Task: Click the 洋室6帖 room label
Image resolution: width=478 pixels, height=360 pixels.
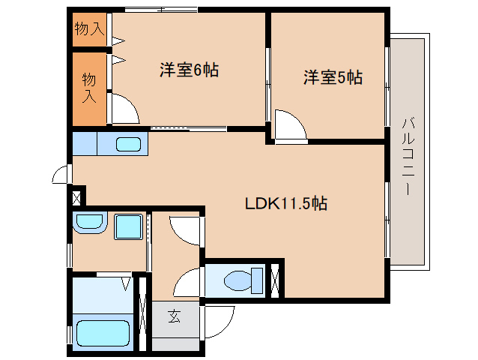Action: (x=189, y=70)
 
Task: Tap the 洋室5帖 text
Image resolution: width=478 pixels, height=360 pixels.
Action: (x=333, y=77)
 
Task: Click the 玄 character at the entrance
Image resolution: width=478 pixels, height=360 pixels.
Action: (x=174, y=317)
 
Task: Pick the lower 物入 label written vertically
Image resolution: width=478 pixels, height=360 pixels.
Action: (x=89, y=87)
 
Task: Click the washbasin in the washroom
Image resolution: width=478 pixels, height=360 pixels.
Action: (x=90, y=223)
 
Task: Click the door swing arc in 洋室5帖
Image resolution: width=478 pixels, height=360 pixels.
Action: (x=289, y=125)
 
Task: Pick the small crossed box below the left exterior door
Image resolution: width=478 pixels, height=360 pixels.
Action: (x=75, y=198)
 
